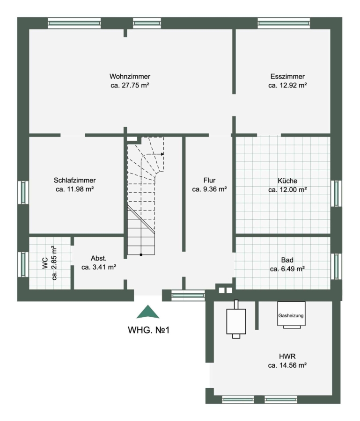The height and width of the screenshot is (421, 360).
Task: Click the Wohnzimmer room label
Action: pyautogui.click(x=130, y=76)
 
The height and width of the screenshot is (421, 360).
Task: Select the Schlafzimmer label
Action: pyautogui.click(x=75, y=180)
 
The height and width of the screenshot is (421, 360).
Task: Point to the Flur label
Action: pyautogui.click(x=209, y=180)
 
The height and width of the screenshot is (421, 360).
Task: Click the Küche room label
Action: pyautogui.click(x=287, y=181)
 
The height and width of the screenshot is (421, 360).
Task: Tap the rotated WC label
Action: pyautogui.click(x=45, y=263)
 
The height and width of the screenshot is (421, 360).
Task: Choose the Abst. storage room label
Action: pyautogui.click(x=99, y=258)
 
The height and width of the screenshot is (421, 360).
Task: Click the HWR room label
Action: pyautogui.click(x=287, y=356)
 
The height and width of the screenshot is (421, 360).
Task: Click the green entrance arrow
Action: pyautogui.click(x=148, y=312)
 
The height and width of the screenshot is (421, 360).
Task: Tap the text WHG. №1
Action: pyautogui.click(x=148, y=330)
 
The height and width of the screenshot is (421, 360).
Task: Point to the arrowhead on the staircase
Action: pyautogui.click(x=162, y=154)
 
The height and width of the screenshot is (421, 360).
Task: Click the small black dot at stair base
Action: pyautogui.click(x=141, y=254)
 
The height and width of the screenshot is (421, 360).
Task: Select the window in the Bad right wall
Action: pyautogui.click(x=336, y=266)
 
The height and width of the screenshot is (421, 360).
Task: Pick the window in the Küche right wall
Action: pyautogui.click(x=336, y=193)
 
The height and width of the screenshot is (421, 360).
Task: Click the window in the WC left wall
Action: pyautogui.click(x=23, y=264)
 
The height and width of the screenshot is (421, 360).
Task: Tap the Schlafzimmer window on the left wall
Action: pyautogui.click(x=23, y=192)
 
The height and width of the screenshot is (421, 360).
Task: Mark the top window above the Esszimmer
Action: pyautogui.click(x=284, y=23)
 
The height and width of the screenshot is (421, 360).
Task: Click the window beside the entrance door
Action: pyautogui.click(x=188, y=296)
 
